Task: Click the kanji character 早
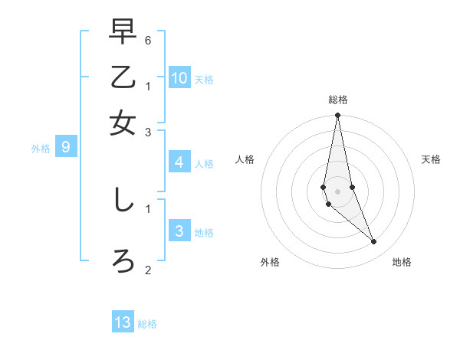(x=123, y=33)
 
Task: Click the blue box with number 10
(x=179, y=78)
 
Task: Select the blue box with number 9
(x=66, y=148)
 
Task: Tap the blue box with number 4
(x=179, y=162)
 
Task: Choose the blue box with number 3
(x=179, y=232)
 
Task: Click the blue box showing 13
(x=123, y=322)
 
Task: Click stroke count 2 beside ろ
(x=148, y=270)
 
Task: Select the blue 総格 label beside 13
(x=147, y=324)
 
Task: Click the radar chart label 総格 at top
(x=337, y=100)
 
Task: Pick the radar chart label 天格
(x=431, y=159)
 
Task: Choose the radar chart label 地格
(x=402, y=262)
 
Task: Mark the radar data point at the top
(x=337, y=116)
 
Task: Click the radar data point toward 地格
(x=374, y=242)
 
